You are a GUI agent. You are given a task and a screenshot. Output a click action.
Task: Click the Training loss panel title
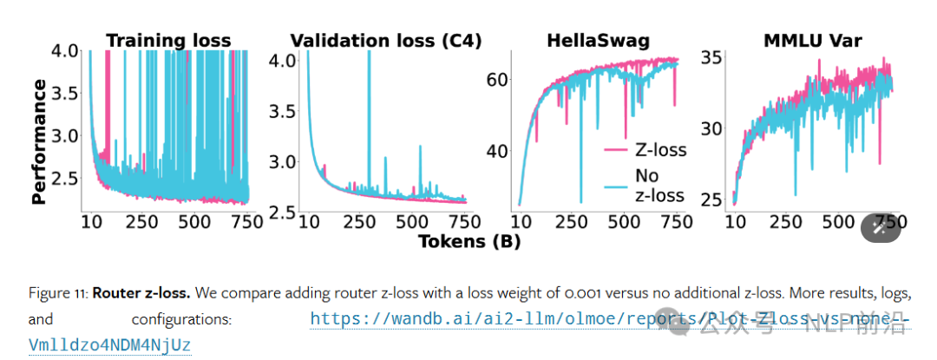[x=168, y=40]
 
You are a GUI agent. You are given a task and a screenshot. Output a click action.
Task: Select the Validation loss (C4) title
[x=385, y=40]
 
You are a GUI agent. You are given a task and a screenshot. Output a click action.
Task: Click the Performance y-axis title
[x=39, y=141]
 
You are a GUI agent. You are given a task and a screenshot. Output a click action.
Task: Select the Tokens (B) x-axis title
[x=469, y=241]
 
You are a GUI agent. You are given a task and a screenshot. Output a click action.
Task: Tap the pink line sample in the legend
[x=616, y=150]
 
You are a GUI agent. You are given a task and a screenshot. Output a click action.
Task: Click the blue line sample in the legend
[x=616, y=185]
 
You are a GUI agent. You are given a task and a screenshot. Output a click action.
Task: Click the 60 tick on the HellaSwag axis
[x=495, y=79]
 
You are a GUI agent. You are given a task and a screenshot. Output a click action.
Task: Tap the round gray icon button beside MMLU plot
[x=881, y=227]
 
